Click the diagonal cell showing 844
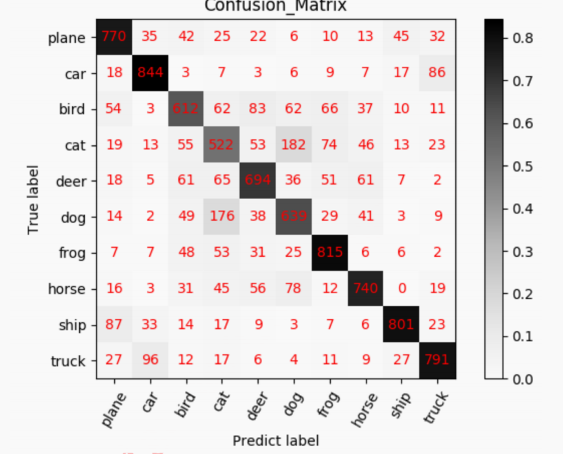(x=150, y=73)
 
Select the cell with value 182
(x=293, y=145)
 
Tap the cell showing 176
(x=222, y=217)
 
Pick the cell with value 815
(x=329, y=253)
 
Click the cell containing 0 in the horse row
(x=401, y=289)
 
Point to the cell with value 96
(x=150, y=361)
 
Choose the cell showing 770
(x=115, y=37)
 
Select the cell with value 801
(x=401, y=325)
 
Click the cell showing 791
(x=437, y=361)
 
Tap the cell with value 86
(x=437, y=73)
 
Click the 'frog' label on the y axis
(x=71, y=253)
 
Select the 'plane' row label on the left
(x=67, y=38)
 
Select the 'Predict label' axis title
(x=276, y=441)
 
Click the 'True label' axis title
(x=33, y=199)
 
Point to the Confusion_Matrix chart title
(x=276, y=6)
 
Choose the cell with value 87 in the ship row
(x=115, y=325)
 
